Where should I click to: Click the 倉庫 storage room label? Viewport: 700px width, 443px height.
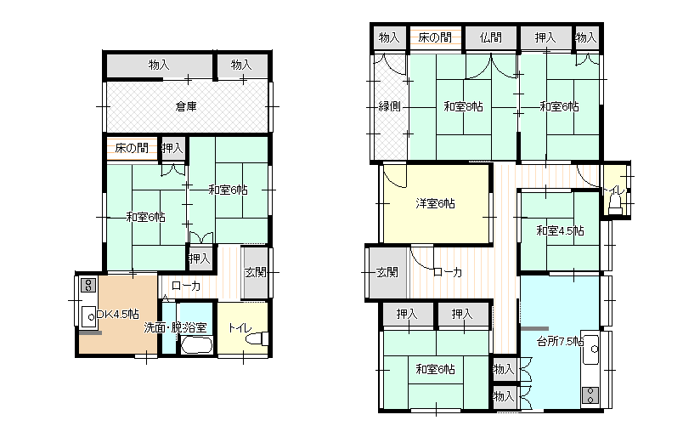pos(186,107)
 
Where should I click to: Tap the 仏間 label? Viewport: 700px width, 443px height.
pos(491,38)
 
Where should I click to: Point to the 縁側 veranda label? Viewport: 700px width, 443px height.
pos(389,107)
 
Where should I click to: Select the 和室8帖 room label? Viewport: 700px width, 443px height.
pos(463,107)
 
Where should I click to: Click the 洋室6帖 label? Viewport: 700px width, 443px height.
pos(435,204)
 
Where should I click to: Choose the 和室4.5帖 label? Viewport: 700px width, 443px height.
pos(560,230)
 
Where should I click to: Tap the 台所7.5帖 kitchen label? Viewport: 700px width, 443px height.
pos(560,342)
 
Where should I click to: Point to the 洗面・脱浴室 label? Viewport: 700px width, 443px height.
pos(175,327)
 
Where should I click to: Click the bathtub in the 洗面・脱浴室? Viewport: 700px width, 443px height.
pos(196,344)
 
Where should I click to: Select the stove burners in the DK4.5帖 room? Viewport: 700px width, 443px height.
pos(87,285)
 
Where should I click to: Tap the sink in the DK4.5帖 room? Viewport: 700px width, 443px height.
pos(89,317)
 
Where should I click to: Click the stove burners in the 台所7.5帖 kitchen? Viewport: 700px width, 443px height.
pos(590,395)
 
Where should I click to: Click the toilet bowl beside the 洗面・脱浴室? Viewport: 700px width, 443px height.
pos(256,339)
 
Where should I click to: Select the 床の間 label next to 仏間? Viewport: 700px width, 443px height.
pos(435,38)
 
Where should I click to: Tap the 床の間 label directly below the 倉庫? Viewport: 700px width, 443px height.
pos(132,148)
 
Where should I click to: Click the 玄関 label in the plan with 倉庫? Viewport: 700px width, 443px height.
pos(256,272)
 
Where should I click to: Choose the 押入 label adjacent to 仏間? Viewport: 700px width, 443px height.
pos(545,38)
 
